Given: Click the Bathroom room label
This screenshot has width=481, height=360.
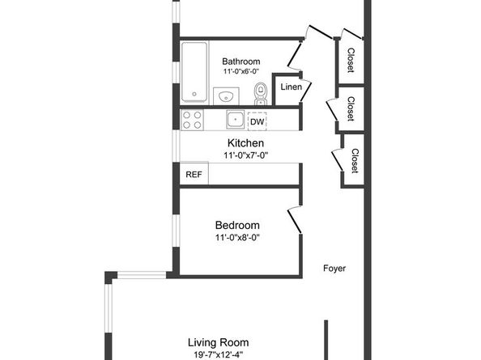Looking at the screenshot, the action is pyautogui.click(x=240, y=61).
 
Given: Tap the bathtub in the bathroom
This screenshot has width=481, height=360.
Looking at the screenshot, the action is pyautogui.click(x=194, y=72).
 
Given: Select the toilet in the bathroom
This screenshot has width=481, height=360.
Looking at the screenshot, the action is pyautogui.click(x=261, y=94).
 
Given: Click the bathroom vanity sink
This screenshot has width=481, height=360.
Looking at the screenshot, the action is pyautogui.click(x=226, y=96).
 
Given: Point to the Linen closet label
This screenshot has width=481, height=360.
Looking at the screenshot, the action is pyautogui.click(x=292, y=87).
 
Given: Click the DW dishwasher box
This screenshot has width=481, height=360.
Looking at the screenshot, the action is pyautogui.click(x=257, y=121).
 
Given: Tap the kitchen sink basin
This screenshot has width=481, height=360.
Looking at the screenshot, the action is pyautogui.click(x=236, y=119).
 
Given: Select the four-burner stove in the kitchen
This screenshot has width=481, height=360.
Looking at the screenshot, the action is pyautogui.click(x=192, y=120).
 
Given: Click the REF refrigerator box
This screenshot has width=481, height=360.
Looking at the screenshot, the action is pyautogui.click(x=194, y=174).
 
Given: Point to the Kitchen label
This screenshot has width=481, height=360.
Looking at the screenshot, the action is pyautogui.click(x=245, y=143).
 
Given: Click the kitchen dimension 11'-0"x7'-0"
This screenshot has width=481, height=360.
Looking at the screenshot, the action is pyautogui.click(x=245, y=155).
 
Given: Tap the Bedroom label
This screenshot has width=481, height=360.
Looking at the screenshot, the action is pyautogui.click(x=237, y=225).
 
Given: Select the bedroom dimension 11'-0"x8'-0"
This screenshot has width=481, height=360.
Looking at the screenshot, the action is pyautogui.click(x=237, y=238).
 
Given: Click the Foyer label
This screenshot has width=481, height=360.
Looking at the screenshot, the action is pyautogui.click(x=334, y=269).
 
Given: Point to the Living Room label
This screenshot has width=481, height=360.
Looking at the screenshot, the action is pyautogui.click(x=218, y=342).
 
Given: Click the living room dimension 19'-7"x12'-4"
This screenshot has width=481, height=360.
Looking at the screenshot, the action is pyautogui.click(x=218, y=355).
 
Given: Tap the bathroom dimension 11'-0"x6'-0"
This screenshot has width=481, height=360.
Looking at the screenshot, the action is pyautogui.click(x=241, y=71).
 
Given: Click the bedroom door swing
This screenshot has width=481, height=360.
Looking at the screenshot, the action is pyautogui.click(x=295, y=220).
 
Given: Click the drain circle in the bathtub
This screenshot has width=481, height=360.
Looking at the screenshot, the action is pyautogui.click(x=194, y=94).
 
